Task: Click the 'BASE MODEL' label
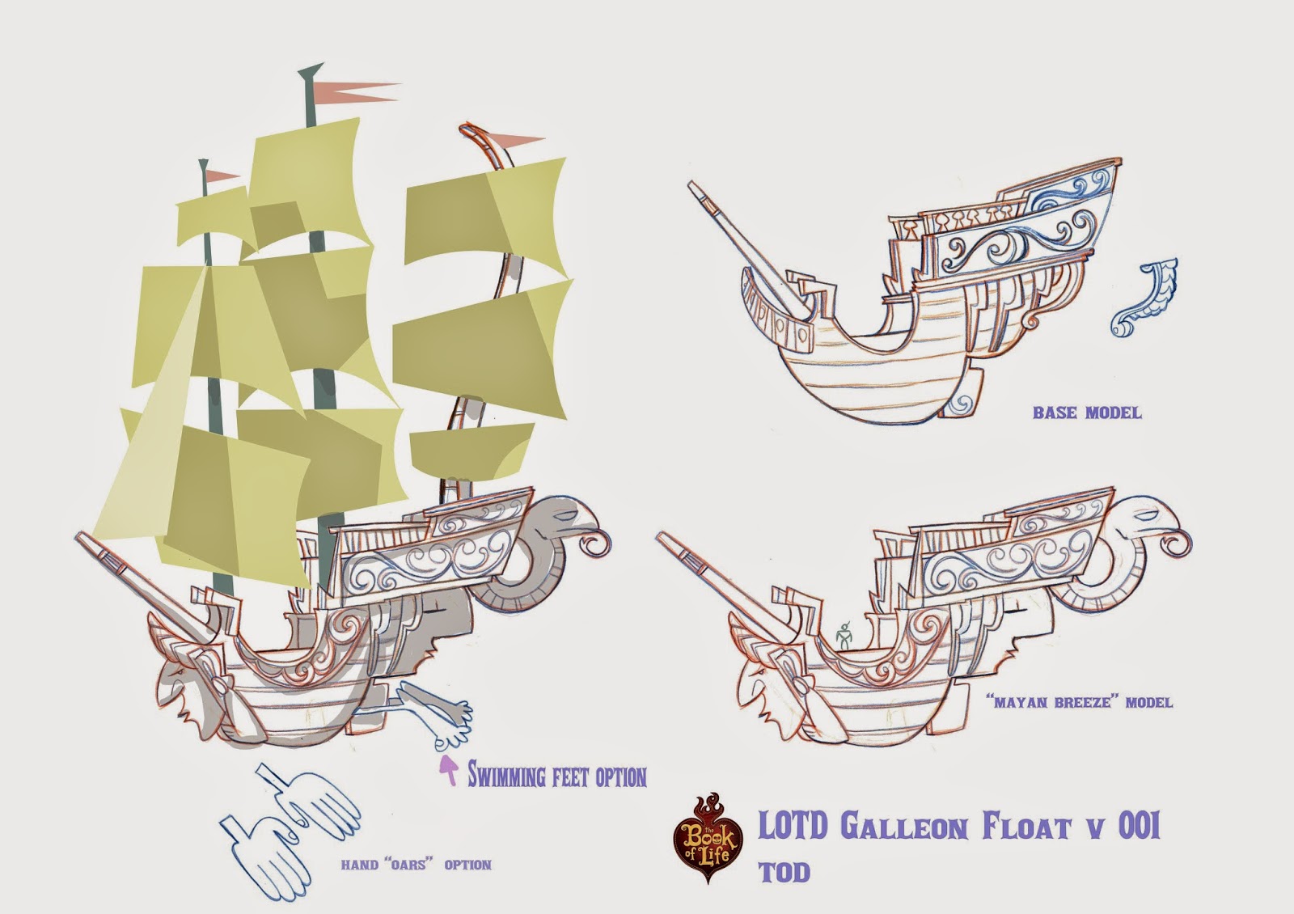pyautogui.click(x=1086, y=413)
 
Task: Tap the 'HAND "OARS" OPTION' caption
pyautogui.click(x=416, y=865)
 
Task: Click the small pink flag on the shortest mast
pyautogui.click(x=221, y=176)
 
